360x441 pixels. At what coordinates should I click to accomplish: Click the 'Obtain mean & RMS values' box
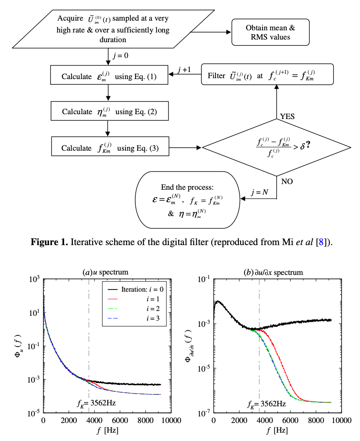270,32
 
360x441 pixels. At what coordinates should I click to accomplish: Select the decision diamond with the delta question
276,148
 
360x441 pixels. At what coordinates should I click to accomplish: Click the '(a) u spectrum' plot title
102,272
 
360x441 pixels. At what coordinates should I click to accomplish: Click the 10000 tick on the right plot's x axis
342,420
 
